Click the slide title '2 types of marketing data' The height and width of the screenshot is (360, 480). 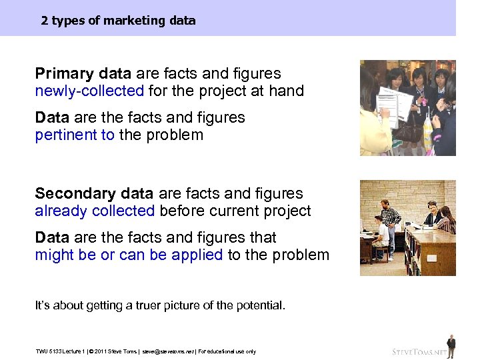coord(118,21)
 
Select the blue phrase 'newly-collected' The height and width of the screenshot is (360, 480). coord(89,91)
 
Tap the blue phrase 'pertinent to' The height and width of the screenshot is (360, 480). coord(75,135)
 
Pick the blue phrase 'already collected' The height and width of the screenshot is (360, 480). coord(95,211)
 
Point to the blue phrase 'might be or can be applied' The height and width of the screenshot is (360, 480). coord(129,255)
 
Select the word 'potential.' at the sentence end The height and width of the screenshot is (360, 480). coord(259,306)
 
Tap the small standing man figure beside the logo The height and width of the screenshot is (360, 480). coord(451,345)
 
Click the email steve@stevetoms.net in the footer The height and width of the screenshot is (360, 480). coord(167,351)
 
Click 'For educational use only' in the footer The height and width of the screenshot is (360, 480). coord(227,351)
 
